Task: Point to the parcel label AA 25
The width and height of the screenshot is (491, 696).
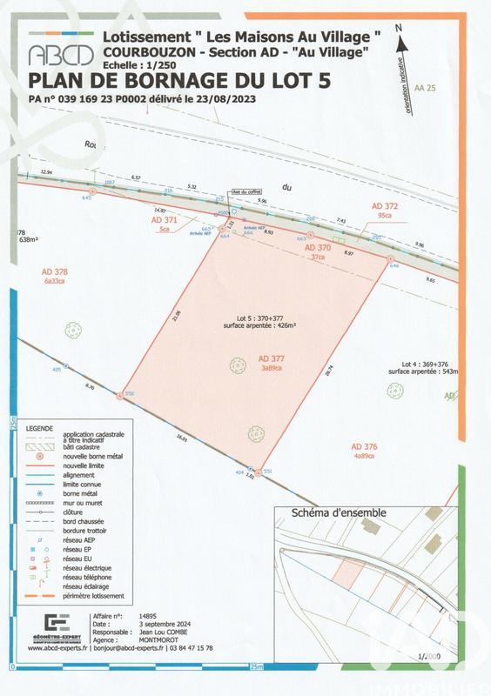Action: (424, 89)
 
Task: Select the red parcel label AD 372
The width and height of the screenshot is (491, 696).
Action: (384, 206)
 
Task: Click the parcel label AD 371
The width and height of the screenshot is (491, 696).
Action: (165, 222)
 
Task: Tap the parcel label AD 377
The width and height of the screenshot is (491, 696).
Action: (272, 358)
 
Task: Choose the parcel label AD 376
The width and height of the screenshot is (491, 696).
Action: (364, 446)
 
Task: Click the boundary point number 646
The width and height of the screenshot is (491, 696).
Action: (393, 266)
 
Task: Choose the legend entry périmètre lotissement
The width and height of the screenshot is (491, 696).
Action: (99, 596)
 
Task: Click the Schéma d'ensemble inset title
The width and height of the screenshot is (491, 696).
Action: (340, 512)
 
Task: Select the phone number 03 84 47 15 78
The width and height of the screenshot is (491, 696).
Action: (185, 648)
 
